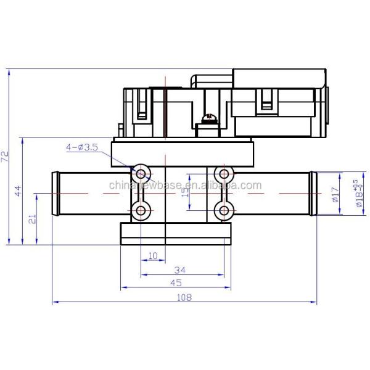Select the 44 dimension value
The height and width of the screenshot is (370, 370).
point(18,191)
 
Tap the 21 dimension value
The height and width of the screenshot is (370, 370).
point(33,218)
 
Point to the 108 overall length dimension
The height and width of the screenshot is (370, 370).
point(184,297)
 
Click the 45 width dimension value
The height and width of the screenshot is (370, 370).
point(176,283)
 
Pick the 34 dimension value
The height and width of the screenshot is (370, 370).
point(181,269)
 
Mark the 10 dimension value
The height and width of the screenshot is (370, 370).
point(152,255)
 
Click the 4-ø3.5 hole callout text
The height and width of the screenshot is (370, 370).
point(83,147)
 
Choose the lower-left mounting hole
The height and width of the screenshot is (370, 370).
point(141,211)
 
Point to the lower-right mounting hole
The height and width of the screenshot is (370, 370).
point(224,211)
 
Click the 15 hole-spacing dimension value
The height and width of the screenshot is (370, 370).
point(186,192)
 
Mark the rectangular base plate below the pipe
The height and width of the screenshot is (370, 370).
point(176,232)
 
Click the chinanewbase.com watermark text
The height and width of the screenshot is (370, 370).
point(185,186)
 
